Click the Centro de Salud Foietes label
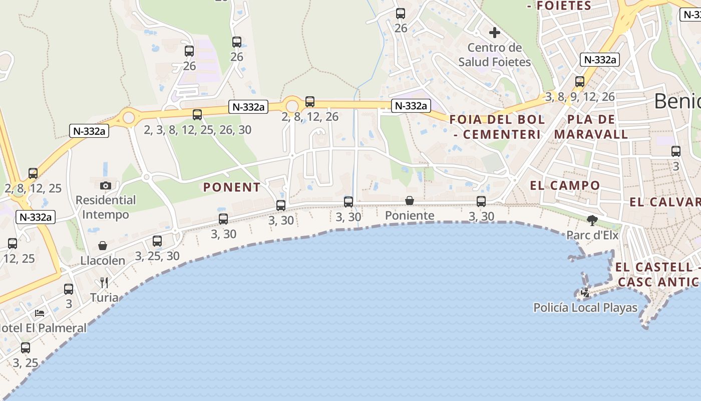[x=494, y=55]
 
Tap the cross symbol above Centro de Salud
[x=495, y=33]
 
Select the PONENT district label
[x=232, y=187]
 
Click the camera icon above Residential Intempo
[x=105, y=185]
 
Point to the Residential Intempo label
[x=105, y=208]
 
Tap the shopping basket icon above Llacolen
[x=103, y=246]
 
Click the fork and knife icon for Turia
[x=104, y=283]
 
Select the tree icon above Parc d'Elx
[x=592, y=220]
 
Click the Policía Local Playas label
[x=585, y=307]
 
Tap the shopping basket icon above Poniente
[x=410, y=200]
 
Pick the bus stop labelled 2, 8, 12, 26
[x=310, y=102]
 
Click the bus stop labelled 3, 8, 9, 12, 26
[x=580, y=81]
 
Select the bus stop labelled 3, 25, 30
[x=157, y=241]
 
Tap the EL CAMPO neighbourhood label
[x=565, y=185]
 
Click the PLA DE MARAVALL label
[x=591, y=127]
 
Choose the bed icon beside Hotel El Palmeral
[x=40, y=313]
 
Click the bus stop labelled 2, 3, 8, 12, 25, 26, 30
[x=197, y=115]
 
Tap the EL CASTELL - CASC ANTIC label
[x=657, y=274]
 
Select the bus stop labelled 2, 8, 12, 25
[x=33, y=173]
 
